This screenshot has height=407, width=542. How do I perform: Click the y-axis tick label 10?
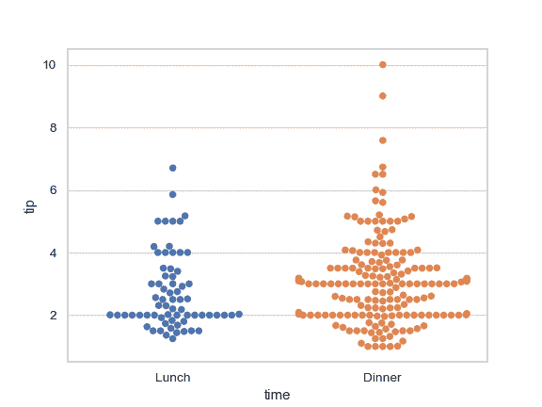tap(49, 65)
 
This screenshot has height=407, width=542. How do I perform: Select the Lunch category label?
tap(173, 378)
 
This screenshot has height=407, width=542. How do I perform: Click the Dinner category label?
tap(382, 378)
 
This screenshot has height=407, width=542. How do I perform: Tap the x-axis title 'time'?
tap(277, 396)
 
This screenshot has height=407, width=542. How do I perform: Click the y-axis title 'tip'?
tap(29, 205)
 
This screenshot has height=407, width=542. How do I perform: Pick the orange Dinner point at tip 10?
tap(383, 65)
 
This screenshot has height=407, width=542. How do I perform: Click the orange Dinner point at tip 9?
tap(383, 96)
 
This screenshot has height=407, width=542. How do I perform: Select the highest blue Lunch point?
tap(173, 168)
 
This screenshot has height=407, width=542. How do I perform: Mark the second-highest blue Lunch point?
tap(173, 194)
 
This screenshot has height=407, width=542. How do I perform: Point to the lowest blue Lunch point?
tap(173, 338)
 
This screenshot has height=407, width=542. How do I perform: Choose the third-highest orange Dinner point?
tap(383, 140)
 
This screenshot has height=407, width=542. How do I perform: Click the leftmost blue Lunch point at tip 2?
tap(110, 315)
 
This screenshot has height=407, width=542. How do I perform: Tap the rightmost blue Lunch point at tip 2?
tap(239, 314)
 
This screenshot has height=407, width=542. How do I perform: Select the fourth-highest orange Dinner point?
tap(383, 167)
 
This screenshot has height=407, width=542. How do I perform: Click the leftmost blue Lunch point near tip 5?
tap(158, 221)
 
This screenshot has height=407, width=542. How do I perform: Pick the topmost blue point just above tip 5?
tap(185, 216)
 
